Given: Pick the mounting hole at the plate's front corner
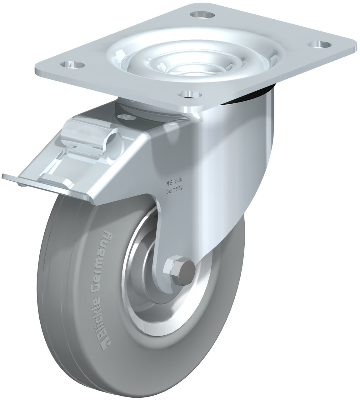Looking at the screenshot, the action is coord(190,94).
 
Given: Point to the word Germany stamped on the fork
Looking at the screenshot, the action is coord(174,189).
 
